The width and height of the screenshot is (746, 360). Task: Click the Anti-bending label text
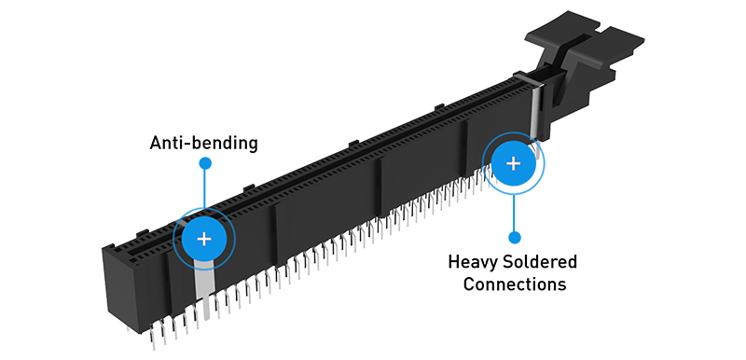point(203,143)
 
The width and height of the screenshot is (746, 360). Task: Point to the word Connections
point(515,284)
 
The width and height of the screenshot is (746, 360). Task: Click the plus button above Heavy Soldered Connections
point(513,163)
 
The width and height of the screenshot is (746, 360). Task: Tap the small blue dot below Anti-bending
point(205,163)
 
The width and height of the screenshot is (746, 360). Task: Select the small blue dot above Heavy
point(514,237)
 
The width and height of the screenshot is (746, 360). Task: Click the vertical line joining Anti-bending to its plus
point(205,188)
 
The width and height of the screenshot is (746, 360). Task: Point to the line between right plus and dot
point(514,213)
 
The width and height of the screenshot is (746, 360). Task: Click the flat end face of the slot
point(121,289)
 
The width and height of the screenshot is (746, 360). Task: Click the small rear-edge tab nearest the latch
point(438,107)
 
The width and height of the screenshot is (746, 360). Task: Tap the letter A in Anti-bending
point(156,143)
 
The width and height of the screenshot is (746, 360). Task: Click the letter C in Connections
point(469,284)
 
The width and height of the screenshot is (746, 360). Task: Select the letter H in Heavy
point(454,261)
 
